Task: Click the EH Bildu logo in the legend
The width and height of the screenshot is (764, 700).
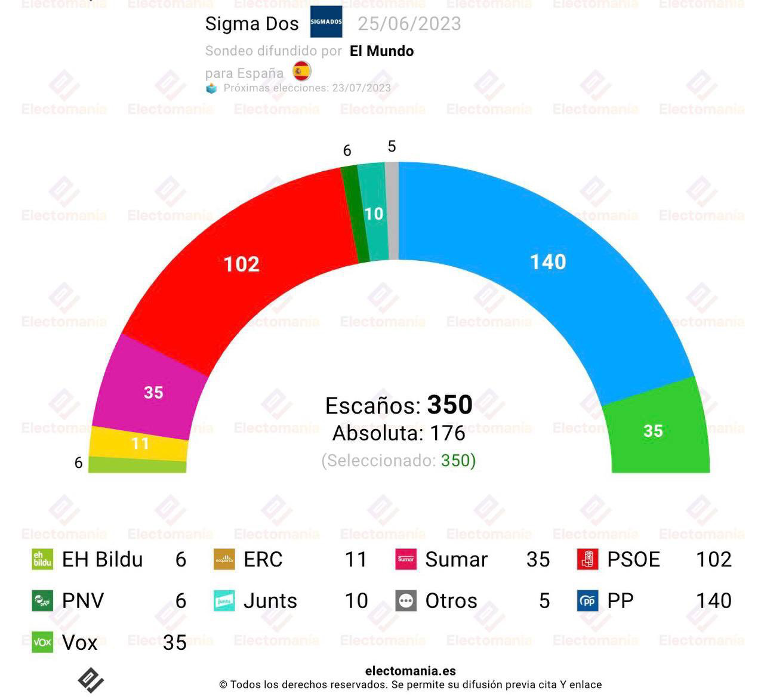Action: [42, 559]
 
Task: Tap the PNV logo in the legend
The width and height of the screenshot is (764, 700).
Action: [42, 600]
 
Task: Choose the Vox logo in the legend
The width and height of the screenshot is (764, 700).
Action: [42, 642]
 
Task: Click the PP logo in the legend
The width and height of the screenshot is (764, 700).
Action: [587, 600]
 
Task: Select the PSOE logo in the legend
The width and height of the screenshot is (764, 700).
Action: [587, 559]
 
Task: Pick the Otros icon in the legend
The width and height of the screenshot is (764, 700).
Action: [406, 600]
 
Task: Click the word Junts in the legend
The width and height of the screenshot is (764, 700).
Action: [270, 600]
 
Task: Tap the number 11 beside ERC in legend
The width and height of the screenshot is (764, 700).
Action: [356, 559]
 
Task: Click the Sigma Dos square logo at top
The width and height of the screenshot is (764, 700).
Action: [326, 22]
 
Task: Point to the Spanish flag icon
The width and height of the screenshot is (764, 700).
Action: [302, 71]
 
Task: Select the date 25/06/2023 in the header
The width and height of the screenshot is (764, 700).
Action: [409, 24]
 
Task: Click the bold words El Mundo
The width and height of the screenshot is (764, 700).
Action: [381, 51]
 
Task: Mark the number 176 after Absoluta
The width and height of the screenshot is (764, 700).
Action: [448, 433]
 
